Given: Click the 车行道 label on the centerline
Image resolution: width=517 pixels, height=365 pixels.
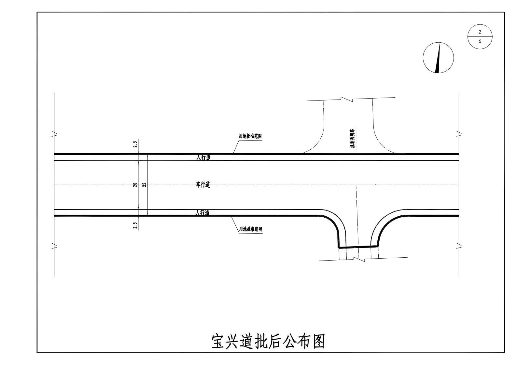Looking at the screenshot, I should pyautogui.click(x=203, y=185).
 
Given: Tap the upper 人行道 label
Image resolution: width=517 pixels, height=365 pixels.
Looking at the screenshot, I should pyautogui.click(x=203, y=158).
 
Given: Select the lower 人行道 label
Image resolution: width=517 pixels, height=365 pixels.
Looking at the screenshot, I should pyautogui.click(x=203, y=213).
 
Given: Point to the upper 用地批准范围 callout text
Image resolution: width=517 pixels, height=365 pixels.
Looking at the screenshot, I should pyautogui.click(x=250, y=136).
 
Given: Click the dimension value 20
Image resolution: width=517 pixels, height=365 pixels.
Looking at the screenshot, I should pyautogui.click(x=135, y=185).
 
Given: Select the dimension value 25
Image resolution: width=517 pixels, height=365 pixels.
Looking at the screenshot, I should pyautogui.click(x=145, y=185).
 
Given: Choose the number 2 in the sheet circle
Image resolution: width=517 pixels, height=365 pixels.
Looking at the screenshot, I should pyautogui.click(x=480, y=32).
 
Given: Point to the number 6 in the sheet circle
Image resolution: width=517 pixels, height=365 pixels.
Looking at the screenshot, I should pyautogui.click(x=480, y=42).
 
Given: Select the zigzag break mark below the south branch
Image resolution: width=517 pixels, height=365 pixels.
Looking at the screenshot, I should pyautogui.click(x=361, y=260).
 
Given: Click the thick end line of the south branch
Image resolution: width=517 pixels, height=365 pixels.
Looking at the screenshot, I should pyautogui.click(x=358, y=247).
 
